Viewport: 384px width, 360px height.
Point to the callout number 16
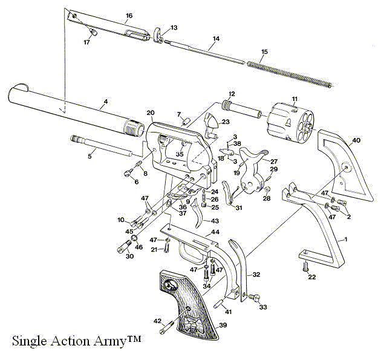click(x=129, y=15)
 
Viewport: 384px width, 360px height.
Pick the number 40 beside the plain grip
click(x=356, y=140)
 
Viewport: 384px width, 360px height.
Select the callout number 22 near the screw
click(x=312, y=278)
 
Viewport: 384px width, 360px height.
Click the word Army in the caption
click(x=116, y=342)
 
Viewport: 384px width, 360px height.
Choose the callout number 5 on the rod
click(x=90, y=156)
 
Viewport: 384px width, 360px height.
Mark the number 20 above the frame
click(x=151, y=113)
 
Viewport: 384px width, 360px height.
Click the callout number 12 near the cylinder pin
click(x=230, y=94)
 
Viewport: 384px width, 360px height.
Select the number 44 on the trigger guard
click(x=215, y=232)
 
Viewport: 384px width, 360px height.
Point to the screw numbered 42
click(x=165, y=330)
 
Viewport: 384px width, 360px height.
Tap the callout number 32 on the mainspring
click(x=256, y=275)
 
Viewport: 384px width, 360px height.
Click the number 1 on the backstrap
click(x=345, y=240)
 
